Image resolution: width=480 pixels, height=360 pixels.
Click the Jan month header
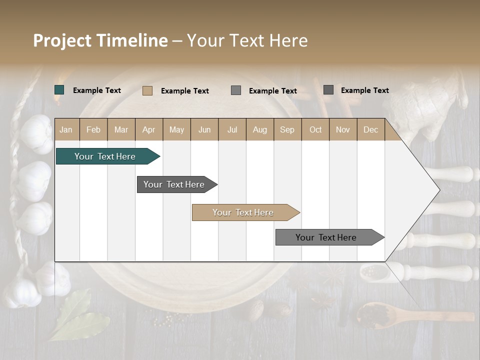[x=66, y=130]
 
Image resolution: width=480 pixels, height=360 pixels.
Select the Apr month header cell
[x=149, y=130]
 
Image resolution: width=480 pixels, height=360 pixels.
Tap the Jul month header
[x=232, y=130]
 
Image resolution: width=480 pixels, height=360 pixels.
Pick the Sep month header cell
[x=287, y=130]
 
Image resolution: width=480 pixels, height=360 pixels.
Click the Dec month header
[x=370, y=130]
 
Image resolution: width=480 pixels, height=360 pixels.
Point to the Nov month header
[x=343, y=130]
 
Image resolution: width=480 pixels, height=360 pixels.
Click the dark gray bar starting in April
[x=175, y=184]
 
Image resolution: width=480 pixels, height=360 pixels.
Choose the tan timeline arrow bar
[x=244, y=212]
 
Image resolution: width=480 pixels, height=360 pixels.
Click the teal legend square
[x=59, y=90]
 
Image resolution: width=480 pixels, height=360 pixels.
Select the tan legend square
[x=147, y=90]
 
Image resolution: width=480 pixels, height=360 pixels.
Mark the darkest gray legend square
[x=328, y=90]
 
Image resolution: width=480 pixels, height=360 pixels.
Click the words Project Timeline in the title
[x=100, y=40]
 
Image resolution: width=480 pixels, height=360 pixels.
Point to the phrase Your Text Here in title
[x=247, y=40]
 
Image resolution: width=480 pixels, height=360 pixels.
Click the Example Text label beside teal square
[x=97, y=90]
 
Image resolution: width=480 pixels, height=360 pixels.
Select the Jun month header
[x=204, y=130]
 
